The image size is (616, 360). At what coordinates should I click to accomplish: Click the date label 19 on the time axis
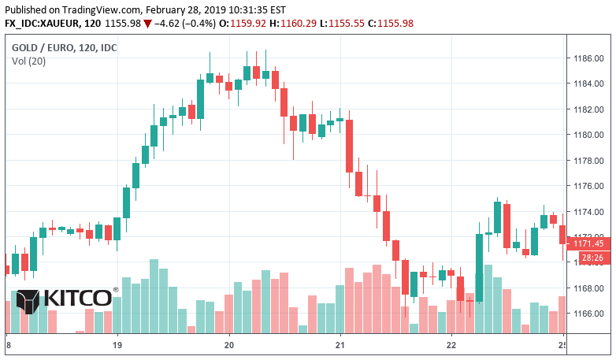pyautogui.click(x=117, y=345)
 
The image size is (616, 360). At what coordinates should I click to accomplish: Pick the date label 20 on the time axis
pyautogui.click(x=229, y=345)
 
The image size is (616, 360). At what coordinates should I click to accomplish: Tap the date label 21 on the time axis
pyautogui.click(x=340, y=345)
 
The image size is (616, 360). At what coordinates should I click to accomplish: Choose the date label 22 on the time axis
pyautogui.click(x=451, y=345)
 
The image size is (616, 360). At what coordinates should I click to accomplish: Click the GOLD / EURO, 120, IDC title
pyautogui.click(x=64, y=48)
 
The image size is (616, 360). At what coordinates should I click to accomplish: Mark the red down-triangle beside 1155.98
pyautogui.click(x=147, y=23)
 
